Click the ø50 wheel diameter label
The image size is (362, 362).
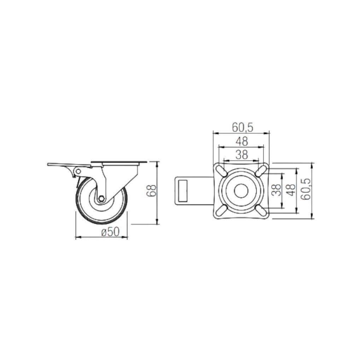111,232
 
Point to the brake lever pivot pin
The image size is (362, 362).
78,171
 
